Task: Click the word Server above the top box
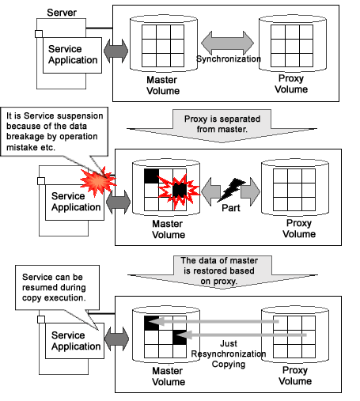pyautogui.click(x=62, y=13)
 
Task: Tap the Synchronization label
pyautogui.click(x=229, y=59)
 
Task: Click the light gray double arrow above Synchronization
pyautogui.click(x=227, y=43)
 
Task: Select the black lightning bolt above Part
pyautogui.click(x=231, y=190)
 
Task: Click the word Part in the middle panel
pyautogui.click(x=231, y=208)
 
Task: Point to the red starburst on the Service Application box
pyautogui.click(x=98, y=181)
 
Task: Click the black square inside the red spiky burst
pyautogui.click(x=180, y=190)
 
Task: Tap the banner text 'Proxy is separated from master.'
pyautogui.click(x=222, y=124)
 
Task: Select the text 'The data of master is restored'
pyautogui.click(x=219, y=266)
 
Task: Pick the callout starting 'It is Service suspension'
pyautogui.click(x=55, y=131)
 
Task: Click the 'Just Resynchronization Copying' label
pyautogui.click(x=229, y=354)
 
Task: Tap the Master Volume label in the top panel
pyautogui.click(x=163, y=85)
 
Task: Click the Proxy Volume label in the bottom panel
pyautogui.click(x=295, y=376)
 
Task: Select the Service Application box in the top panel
pyautogui.click(x=72, y=55)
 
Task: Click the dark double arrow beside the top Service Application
pyautogui.click(x=116, y=51)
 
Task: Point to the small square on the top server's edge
pyautogui.click(x=39, y=34)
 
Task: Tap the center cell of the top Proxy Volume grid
pyautogui.click(x=292, y=46)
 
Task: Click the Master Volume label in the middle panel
pyautogui.click(x=169, y=229)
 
